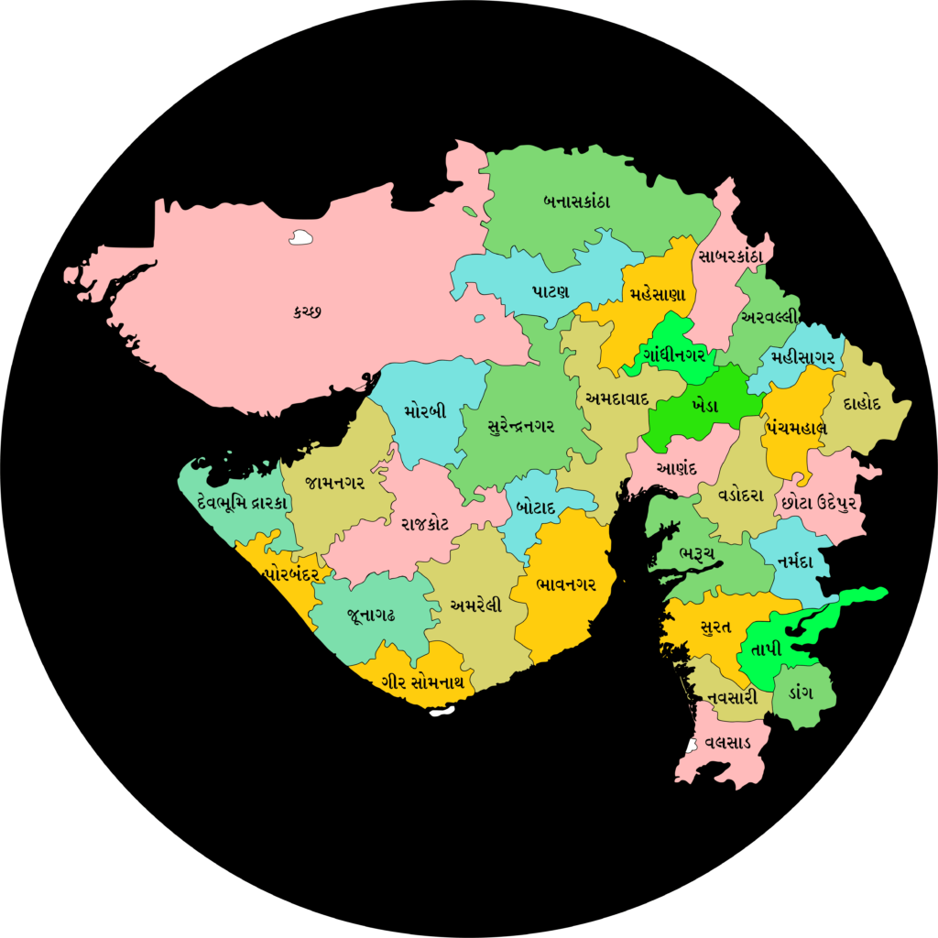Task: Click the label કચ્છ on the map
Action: (x=307, y=311)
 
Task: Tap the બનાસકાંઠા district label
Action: (x=576, y=201)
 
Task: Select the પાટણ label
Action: (x=551, y=290)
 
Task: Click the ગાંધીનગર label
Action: (x=674, y=354)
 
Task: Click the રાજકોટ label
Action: (x=424, y=523)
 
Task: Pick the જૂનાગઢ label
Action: (x=371, y=615)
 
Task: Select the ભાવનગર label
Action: (x=565, y=584)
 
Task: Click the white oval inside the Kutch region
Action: (x=300, y=237)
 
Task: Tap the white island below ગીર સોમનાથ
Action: (x=442, y=710)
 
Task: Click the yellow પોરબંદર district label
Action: (x=290, y=574)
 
